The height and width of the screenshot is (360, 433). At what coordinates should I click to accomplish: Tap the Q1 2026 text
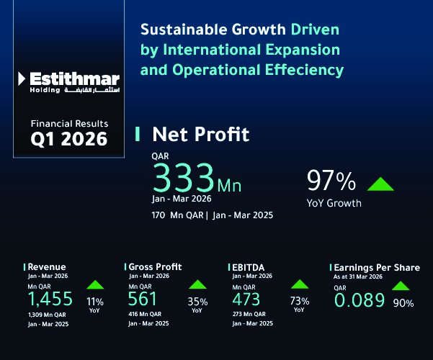[x=69, y=138]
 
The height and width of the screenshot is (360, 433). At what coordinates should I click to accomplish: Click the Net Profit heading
[x=201, y=134]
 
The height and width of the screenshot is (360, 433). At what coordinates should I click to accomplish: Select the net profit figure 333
[x=184, y=177]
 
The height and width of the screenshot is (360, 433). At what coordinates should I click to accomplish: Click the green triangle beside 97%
[x=380, y=183]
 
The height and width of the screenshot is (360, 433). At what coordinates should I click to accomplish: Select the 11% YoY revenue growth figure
[x=94, y=301]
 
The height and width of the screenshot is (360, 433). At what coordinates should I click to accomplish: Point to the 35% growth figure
[x=197, y=301]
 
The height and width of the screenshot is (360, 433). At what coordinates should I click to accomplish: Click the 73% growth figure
[x=299, y=301]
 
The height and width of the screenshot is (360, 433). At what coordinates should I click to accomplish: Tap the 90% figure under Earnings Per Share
[x=403, y=303]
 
